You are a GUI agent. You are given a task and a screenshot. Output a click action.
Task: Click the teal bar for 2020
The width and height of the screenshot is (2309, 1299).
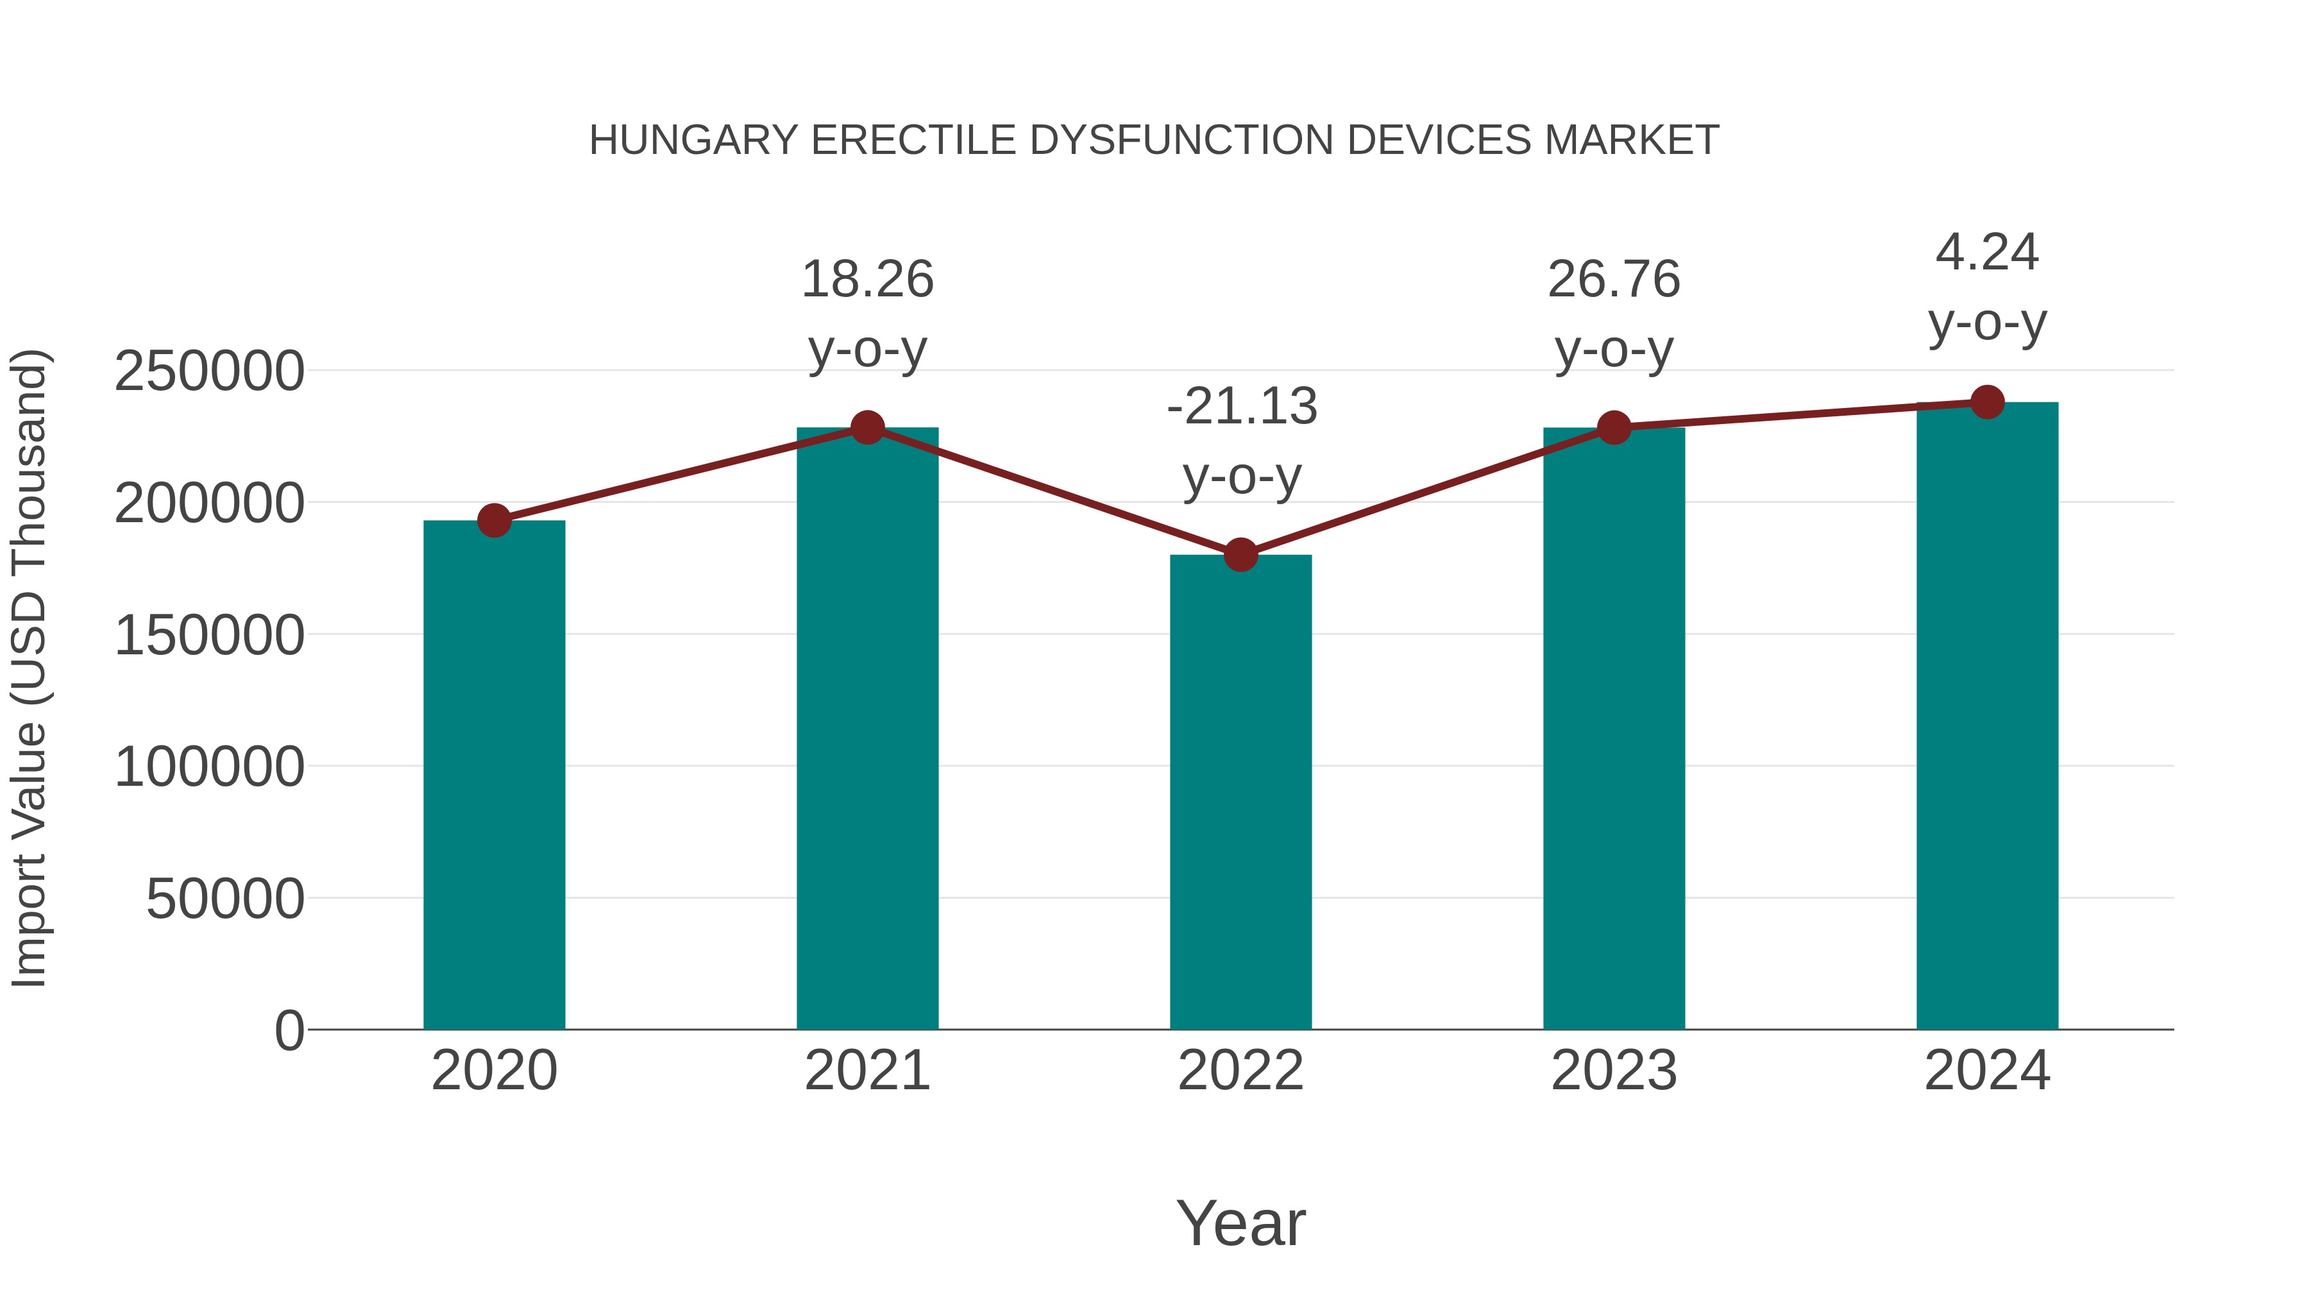(494, 776)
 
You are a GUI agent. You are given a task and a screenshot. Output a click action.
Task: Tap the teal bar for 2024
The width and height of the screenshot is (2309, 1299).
(1987, 717)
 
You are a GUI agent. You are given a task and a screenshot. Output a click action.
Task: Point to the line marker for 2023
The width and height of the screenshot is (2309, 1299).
(1614, 428)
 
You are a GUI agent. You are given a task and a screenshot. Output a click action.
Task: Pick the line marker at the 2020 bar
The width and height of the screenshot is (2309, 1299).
(494, 520)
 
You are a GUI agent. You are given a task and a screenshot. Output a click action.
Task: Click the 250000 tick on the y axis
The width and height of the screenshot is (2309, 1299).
(210, 371)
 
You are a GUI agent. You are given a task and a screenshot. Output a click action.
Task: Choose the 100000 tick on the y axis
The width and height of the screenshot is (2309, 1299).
(210, 767)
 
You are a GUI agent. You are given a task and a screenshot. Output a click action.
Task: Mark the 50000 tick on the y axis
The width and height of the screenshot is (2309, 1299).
(225, 899)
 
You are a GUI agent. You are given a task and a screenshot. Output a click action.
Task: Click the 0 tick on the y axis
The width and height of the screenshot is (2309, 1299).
(289, 1030)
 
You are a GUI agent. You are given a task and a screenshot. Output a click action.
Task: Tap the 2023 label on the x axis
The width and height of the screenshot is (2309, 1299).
(1614, 1071)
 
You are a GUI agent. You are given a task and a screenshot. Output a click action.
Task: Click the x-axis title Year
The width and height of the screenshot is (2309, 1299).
(1240, 1223)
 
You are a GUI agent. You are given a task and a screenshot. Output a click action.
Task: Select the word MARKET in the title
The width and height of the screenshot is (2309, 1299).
(1631, 140)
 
